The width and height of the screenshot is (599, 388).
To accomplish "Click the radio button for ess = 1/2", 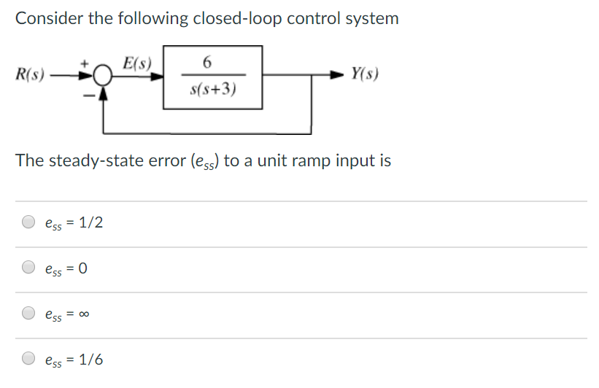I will [28, 222].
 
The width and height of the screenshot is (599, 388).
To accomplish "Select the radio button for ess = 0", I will [28, 268].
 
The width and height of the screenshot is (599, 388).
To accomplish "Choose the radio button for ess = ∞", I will [28, 314].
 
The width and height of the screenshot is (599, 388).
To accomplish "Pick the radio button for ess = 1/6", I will [28, 359].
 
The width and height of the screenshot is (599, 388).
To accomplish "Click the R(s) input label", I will [30, 74].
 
